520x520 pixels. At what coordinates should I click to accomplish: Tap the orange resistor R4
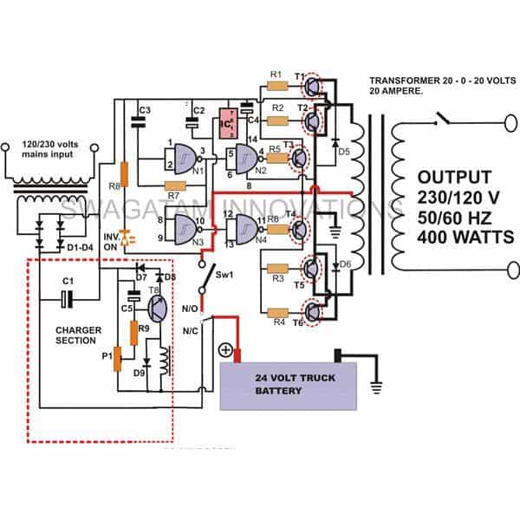coord(277,311)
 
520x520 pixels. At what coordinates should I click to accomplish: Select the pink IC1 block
coord(229,123)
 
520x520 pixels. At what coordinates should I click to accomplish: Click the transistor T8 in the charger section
coord(157,308)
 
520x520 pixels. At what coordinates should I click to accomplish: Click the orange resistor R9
coord(134,332)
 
